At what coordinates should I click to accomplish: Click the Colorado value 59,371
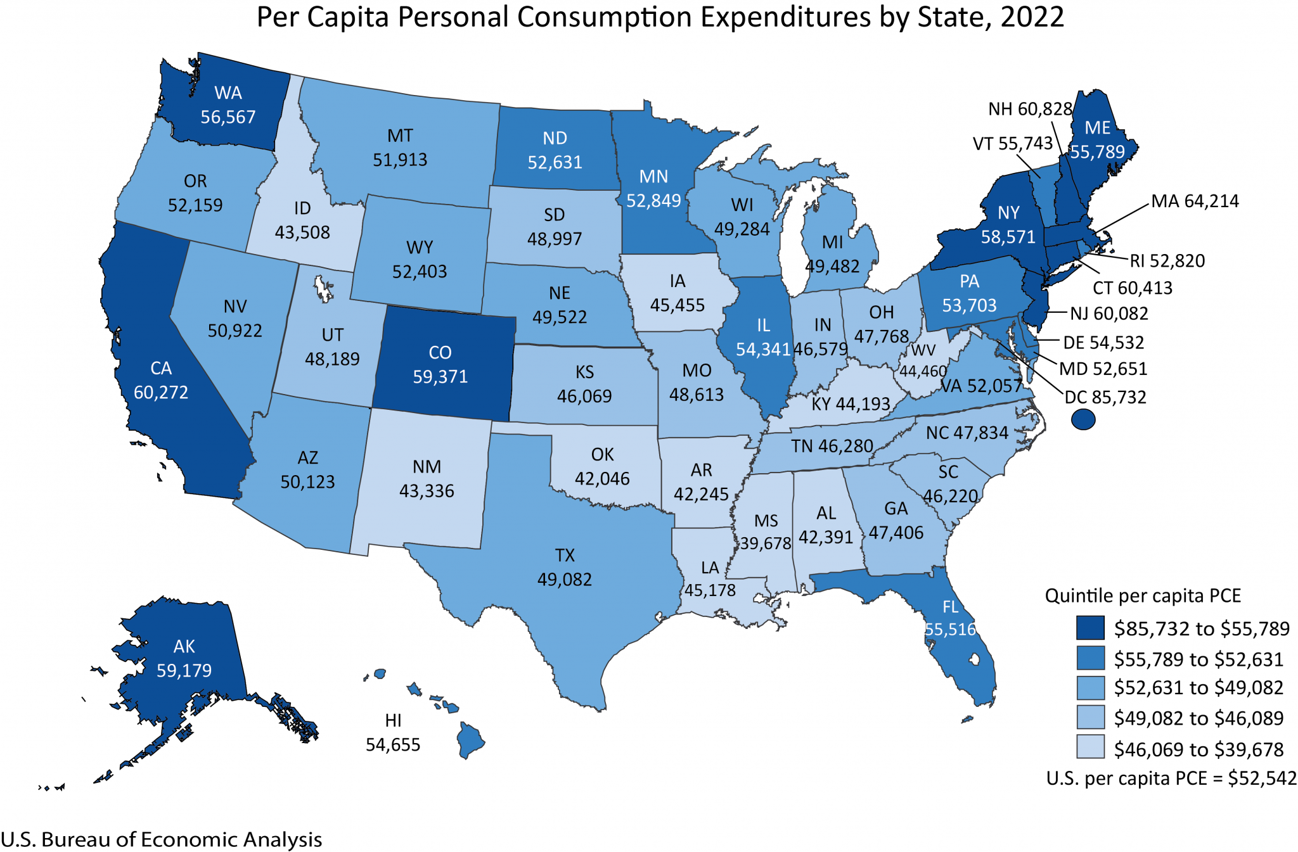440,377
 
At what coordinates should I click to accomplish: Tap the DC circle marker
1083,419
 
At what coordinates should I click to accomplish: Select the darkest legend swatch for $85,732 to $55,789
1090,628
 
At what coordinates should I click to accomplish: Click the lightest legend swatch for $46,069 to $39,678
1090,747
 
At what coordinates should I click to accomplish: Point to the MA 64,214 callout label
1195,201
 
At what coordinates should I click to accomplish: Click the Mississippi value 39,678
766,544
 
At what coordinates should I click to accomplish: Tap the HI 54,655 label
393,733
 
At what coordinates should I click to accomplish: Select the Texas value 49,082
564,580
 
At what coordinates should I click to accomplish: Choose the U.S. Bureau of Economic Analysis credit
162,839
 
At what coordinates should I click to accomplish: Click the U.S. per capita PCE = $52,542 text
1171,778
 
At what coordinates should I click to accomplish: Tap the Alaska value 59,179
184,671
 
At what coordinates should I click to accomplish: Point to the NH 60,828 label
1030,109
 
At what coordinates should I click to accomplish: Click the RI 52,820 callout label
1167,261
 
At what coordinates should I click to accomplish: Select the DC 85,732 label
1105,397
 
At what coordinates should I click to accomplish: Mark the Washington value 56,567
228,117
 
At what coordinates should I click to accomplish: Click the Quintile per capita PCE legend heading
1142,595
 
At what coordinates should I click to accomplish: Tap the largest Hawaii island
470,739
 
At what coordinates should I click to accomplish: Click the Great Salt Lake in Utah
323,288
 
